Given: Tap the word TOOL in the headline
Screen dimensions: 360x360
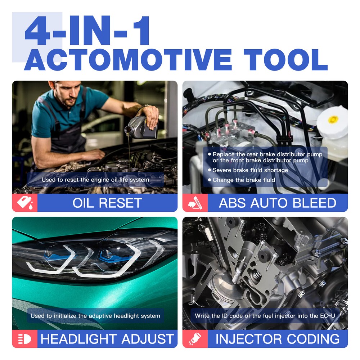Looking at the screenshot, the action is coord(285,60).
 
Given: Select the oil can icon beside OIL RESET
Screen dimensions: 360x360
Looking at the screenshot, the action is coord(25,203).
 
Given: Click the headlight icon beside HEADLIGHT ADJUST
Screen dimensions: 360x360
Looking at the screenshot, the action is coord(24,339).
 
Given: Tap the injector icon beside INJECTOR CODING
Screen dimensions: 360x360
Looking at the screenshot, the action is coord(195,339).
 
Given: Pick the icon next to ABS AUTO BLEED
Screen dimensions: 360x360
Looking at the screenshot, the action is coord(195,203).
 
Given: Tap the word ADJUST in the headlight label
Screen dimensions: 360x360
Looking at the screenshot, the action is coord(148,339).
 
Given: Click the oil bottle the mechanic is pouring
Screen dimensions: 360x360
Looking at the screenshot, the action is coord(141,127).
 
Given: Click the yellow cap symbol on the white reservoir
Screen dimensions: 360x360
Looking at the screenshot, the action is coord(332,120).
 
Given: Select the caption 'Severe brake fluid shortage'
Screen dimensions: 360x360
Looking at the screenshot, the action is coord(250,170).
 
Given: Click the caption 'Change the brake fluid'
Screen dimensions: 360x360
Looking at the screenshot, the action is coord(244,180).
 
